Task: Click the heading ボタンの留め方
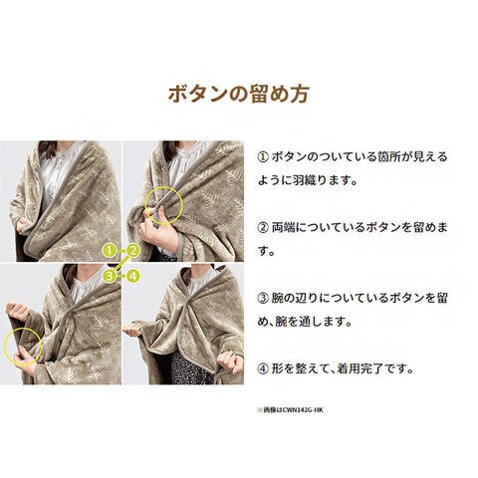(239, 95)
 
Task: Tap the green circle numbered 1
(112, 251)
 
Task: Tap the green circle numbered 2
(133, 251)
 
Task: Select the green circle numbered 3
(111, 276)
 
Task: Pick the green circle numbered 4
(132, 276)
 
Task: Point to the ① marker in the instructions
(263, 156)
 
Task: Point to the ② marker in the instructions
(263, 228)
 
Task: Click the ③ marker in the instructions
(263, 298)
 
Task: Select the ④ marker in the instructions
(263, 368)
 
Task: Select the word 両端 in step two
(283, 228)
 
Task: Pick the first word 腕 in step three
(278, 298)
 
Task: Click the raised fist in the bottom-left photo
(16, 311)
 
